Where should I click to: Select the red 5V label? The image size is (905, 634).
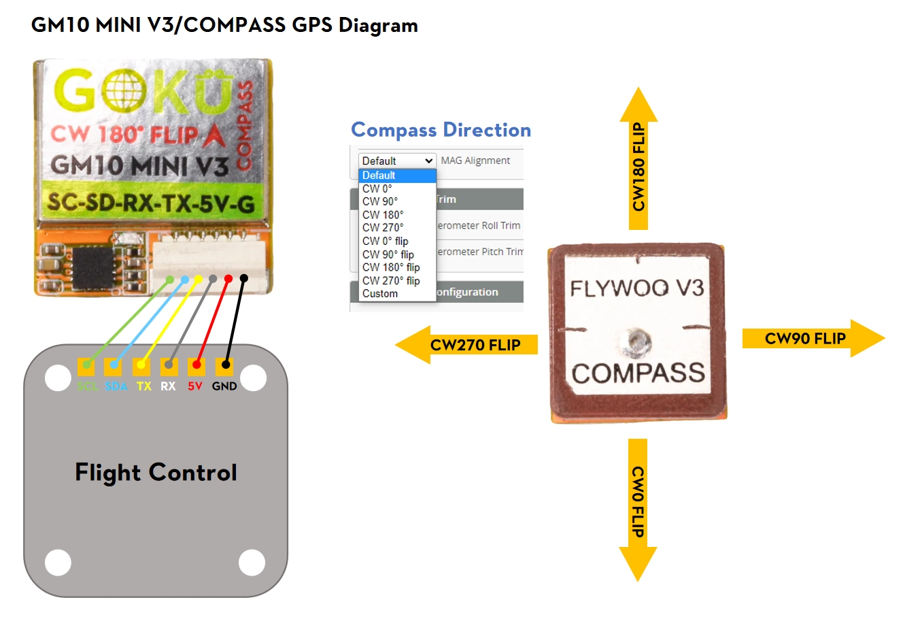tap(195, 386)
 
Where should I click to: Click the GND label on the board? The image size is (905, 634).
tap(224, 386)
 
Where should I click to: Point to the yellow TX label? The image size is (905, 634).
tap(143, 386)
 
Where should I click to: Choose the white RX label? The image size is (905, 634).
tap(168, 386)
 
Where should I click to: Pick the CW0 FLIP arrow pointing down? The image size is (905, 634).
tap(638, 509)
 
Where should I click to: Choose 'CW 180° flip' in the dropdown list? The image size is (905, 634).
tap(391, 267)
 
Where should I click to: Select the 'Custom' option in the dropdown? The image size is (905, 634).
tap(380, 294)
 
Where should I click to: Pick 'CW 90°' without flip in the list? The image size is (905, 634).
tap(380, 201)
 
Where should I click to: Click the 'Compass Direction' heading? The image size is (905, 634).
tap(441, 130)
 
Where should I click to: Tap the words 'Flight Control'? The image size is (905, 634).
tap(156, 472)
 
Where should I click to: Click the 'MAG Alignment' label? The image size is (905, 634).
tap(475, 161)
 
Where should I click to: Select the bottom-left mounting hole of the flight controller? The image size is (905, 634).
tap(58, 563)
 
